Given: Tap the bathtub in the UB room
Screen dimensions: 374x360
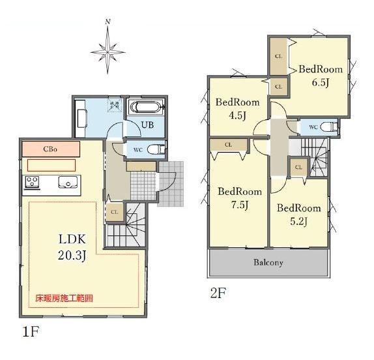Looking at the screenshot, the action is click(147, 107).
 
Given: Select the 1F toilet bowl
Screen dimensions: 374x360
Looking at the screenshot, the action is click(156, 150).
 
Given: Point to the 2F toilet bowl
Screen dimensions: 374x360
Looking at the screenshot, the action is click(328, 127).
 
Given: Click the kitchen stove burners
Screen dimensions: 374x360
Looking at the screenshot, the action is click(32, 182).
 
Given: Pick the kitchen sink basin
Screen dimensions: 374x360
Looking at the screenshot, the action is click(68, 182).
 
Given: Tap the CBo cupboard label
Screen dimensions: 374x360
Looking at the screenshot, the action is click(50, 149).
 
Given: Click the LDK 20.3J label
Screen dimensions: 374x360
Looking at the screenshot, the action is click(72, 247).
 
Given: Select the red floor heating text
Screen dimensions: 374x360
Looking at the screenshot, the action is click(64, 298).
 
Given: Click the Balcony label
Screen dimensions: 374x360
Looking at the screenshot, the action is click(268, 263).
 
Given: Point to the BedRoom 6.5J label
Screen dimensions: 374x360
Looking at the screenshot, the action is click(321, 76).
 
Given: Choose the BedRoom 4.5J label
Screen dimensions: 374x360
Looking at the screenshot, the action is click(238, 109).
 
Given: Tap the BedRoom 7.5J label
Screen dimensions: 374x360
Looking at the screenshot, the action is click(240, 198).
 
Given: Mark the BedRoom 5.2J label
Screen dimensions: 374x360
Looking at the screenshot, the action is click(298, 215).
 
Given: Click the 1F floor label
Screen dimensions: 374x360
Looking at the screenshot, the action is click(31, 332).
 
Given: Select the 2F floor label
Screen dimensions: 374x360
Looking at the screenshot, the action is click(218, 293).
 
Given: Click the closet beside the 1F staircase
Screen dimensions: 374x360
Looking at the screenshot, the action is click(115, 212).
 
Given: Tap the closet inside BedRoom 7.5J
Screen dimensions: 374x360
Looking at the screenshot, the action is click(228, 145).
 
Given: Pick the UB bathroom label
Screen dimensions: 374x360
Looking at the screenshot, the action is click(147, 125).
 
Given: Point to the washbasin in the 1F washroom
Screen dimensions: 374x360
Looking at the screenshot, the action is click(81, 118).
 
